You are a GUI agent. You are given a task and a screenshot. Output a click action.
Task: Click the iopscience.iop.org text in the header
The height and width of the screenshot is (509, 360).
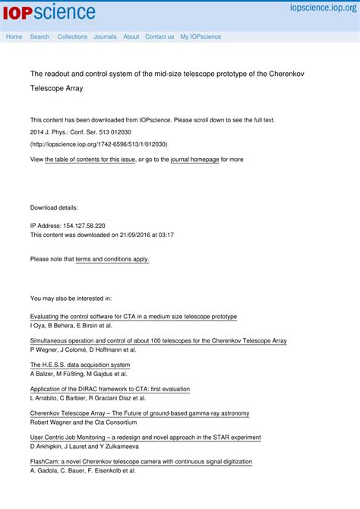coord(323,7)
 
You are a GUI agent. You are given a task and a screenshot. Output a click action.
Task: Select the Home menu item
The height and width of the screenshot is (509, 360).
coord(14,36)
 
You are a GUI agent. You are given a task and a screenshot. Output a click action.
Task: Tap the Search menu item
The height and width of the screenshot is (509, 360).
coord(39,36)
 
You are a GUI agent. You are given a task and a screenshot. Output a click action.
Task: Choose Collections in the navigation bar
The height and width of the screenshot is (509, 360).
coord(72,36)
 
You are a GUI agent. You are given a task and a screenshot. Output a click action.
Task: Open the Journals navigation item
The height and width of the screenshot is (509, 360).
coord(105,36)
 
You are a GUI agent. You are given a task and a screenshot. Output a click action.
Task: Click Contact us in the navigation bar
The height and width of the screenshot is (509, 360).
coord(159,36)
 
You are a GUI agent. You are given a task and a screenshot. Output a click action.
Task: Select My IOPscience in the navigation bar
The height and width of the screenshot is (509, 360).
coord(201,36)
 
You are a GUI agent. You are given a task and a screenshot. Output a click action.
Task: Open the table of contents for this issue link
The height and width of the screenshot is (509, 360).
coord(90,160)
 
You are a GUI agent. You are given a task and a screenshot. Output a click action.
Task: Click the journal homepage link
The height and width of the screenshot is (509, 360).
coord(194,160)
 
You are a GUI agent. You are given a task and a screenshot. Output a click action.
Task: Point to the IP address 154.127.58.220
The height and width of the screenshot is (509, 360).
coord(79,226)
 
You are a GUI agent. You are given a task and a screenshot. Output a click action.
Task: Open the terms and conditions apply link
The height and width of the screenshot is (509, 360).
coord(112,259)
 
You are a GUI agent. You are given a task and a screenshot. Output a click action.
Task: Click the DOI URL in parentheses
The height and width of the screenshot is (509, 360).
coord(99,144)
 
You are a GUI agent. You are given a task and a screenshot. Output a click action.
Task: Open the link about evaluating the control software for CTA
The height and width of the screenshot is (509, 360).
coord(133,316)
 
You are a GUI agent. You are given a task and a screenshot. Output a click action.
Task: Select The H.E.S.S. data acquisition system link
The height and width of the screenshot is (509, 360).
coord(80,365)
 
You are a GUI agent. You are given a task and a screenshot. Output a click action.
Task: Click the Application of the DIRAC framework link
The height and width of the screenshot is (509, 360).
coord(109,389)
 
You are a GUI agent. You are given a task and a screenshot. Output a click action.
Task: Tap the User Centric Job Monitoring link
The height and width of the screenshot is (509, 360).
coord(145,438)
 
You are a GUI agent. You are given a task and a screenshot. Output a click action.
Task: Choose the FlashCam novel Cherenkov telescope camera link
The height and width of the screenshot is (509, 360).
coord(141,461)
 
